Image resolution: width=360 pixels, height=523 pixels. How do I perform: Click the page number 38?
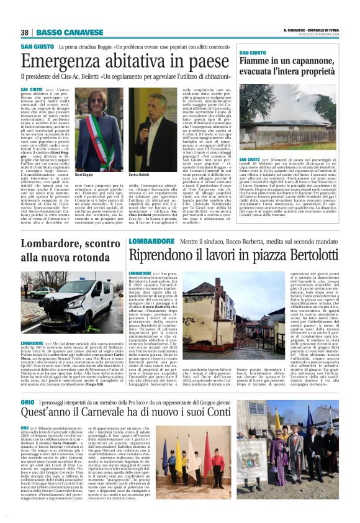[x=25, y=32]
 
